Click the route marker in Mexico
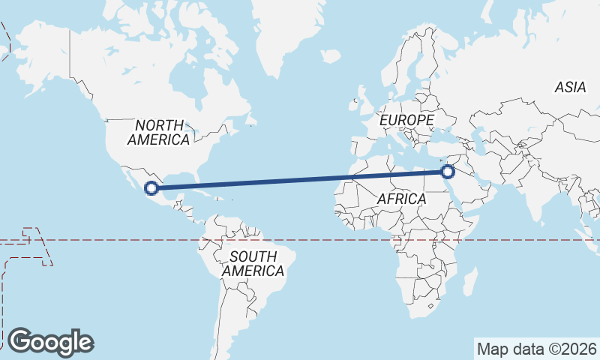pyautogui.click(x=151, y=188)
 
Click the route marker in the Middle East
pyautogui.click(x=448, y=172)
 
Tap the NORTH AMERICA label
pyautogui.click(x=158, y=132)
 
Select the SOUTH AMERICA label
pyautogui.click(x=253, y=263)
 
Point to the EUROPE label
pyautogui.click(x=406, y=120)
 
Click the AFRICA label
pyautogui.click(x=401, y=199)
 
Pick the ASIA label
pyautogui.click(x=570, y=88)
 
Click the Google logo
pyautogui.click(x=50, y=342)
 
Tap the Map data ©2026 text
pyautogui.click(x=536, y=349)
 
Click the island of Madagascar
pyautogui.click(x=469, y=283)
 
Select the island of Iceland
pyautogui.click(x=331, y=56)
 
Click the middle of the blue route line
pyautogui.click(x=299, y=180)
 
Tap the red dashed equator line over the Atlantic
pyautogui.click(x=315, y=241)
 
